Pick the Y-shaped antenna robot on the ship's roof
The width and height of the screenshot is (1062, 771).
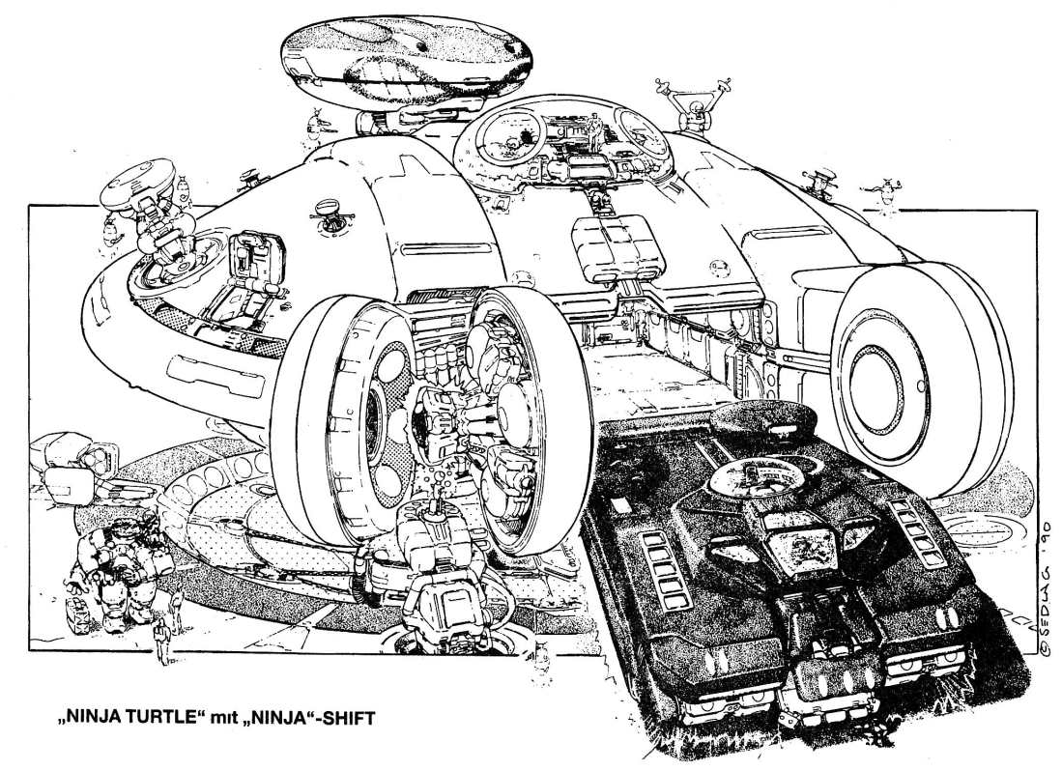692,104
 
